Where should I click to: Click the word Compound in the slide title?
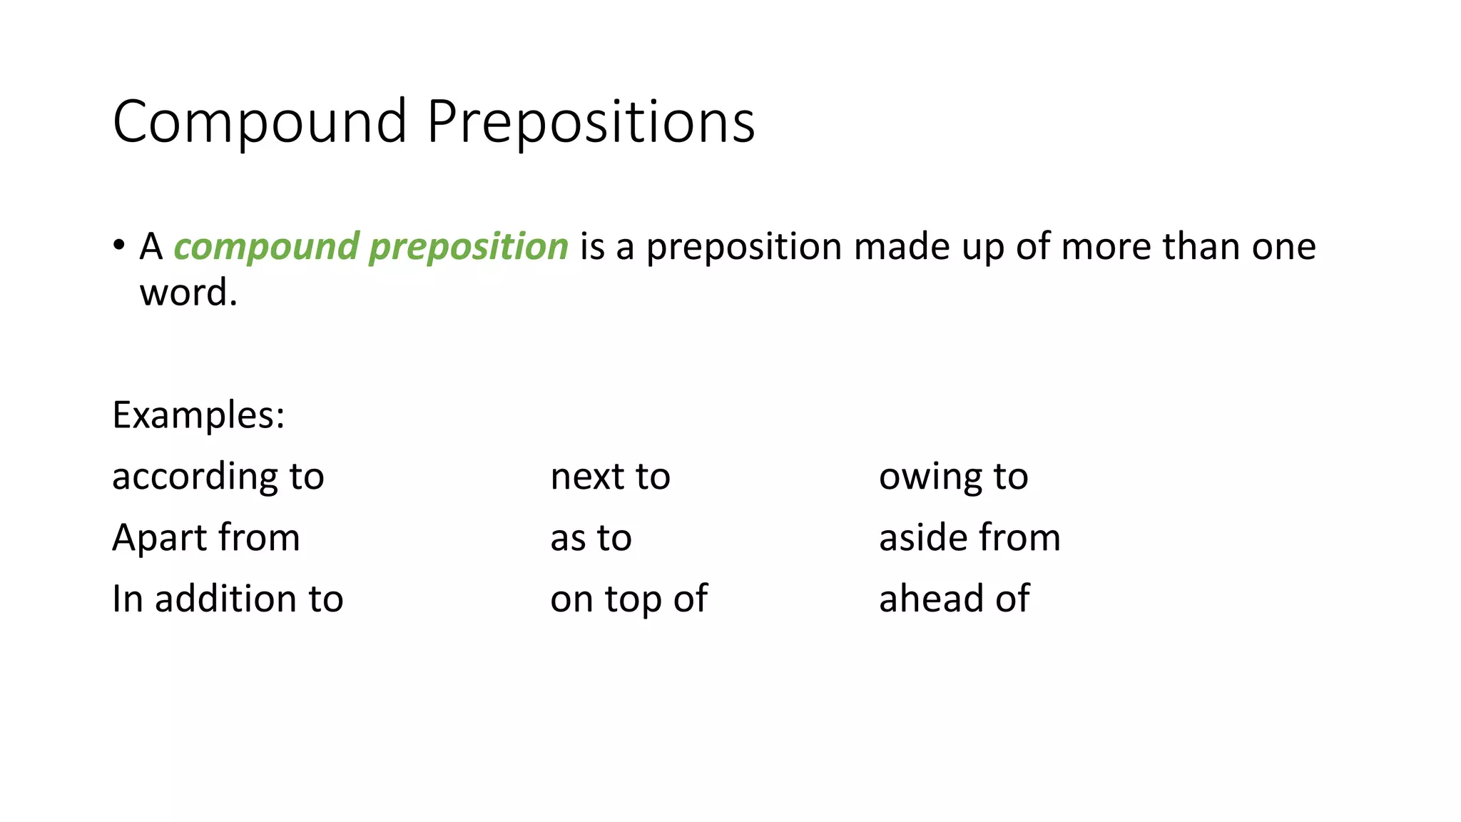point(260,123)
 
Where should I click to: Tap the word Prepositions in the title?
point(591,123)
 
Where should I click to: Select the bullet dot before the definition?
point(118,245)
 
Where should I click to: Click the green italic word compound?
point(266,248)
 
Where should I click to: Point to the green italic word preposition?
point(468,248)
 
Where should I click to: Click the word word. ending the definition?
point(188,293)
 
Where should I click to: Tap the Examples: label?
point(198,415)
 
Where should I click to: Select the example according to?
point(218,477)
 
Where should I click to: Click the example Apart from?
point(206,537)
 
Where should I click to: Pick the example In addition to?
point(228,599)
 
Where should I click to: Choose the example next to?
point(610,477)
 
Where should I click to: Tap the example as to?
point(591,538)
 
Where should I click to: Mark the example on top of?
point(628,599)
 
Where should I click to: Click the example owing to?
point(953,477)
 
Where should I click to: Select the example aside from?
point(969,537)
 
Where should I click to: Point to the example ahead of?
point(954,599)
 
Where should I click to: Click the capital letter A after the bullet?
point(151,247)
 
